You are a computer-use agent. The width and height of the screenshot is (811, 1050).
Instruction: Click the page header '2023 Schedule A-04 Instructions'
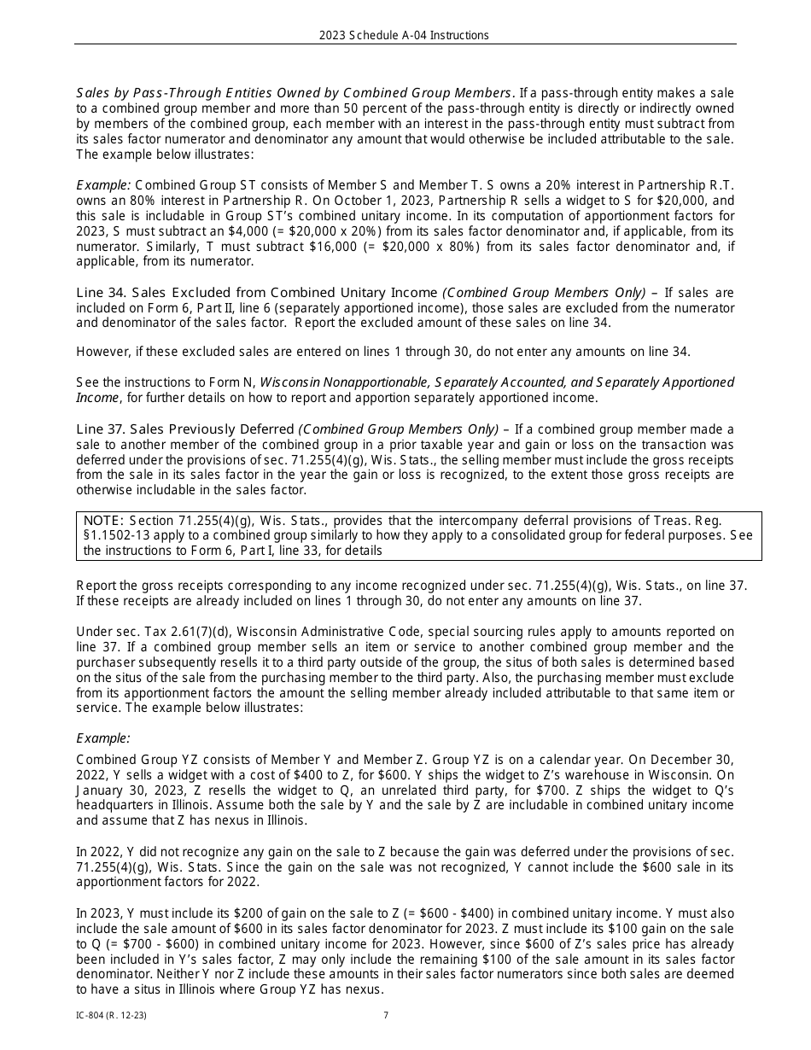404,35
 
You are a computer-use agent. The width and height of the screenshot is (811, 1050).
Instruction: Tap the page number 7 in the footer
386,1015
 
